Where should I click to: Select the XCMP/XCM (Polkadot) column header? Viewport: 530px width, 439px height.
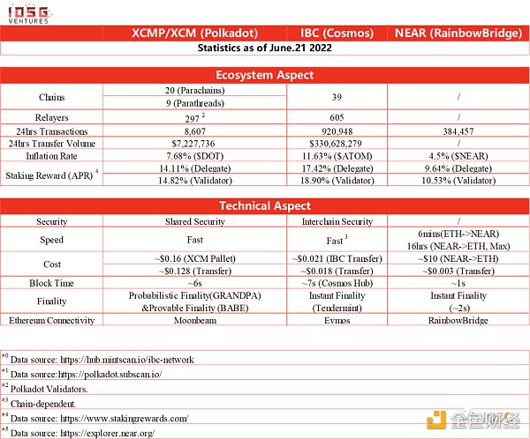pyautogui.click(x=196, y=34)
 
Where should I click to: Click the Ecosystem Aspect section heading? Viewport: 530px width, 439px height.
pyautogui.click(x=264, y=76)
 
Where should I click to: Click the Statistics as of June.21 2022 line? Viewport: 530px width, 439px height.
pyautogui.click(x=264, y=49)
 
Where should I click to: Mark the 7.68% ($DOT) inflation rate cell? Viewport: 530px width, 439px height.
pyautogui.click(x=196, y=154)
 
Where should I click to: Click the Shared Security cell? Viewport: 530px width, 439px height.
pyautogui.click(x=196, y=221)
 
